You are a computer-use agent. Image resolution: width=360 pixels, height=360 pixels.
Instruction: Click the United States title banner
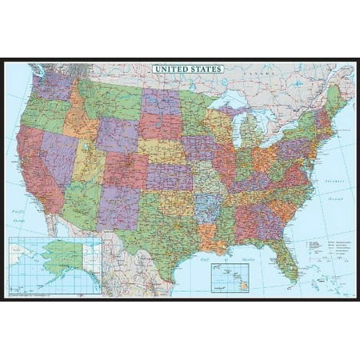point(188,70)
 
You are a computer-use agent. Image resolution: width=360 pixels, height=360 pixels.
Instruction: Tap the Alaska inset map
point(55,264)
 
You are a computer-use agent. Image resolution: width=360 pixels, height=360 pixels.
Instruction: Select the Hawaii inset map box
point(230,276)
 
